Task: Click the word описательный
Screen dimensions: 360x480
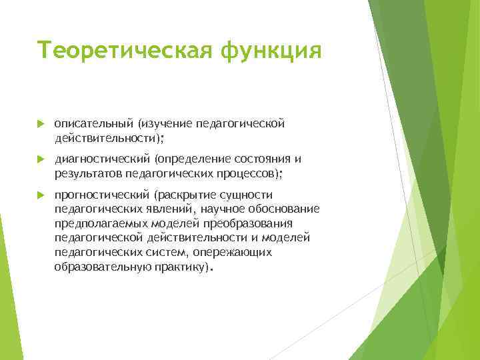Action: [x=94, y=123]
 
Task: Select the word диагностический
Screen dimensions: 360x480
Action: [x=103, y=159]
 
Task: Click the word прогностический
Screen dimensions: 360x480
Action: [x=102, y=195]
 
